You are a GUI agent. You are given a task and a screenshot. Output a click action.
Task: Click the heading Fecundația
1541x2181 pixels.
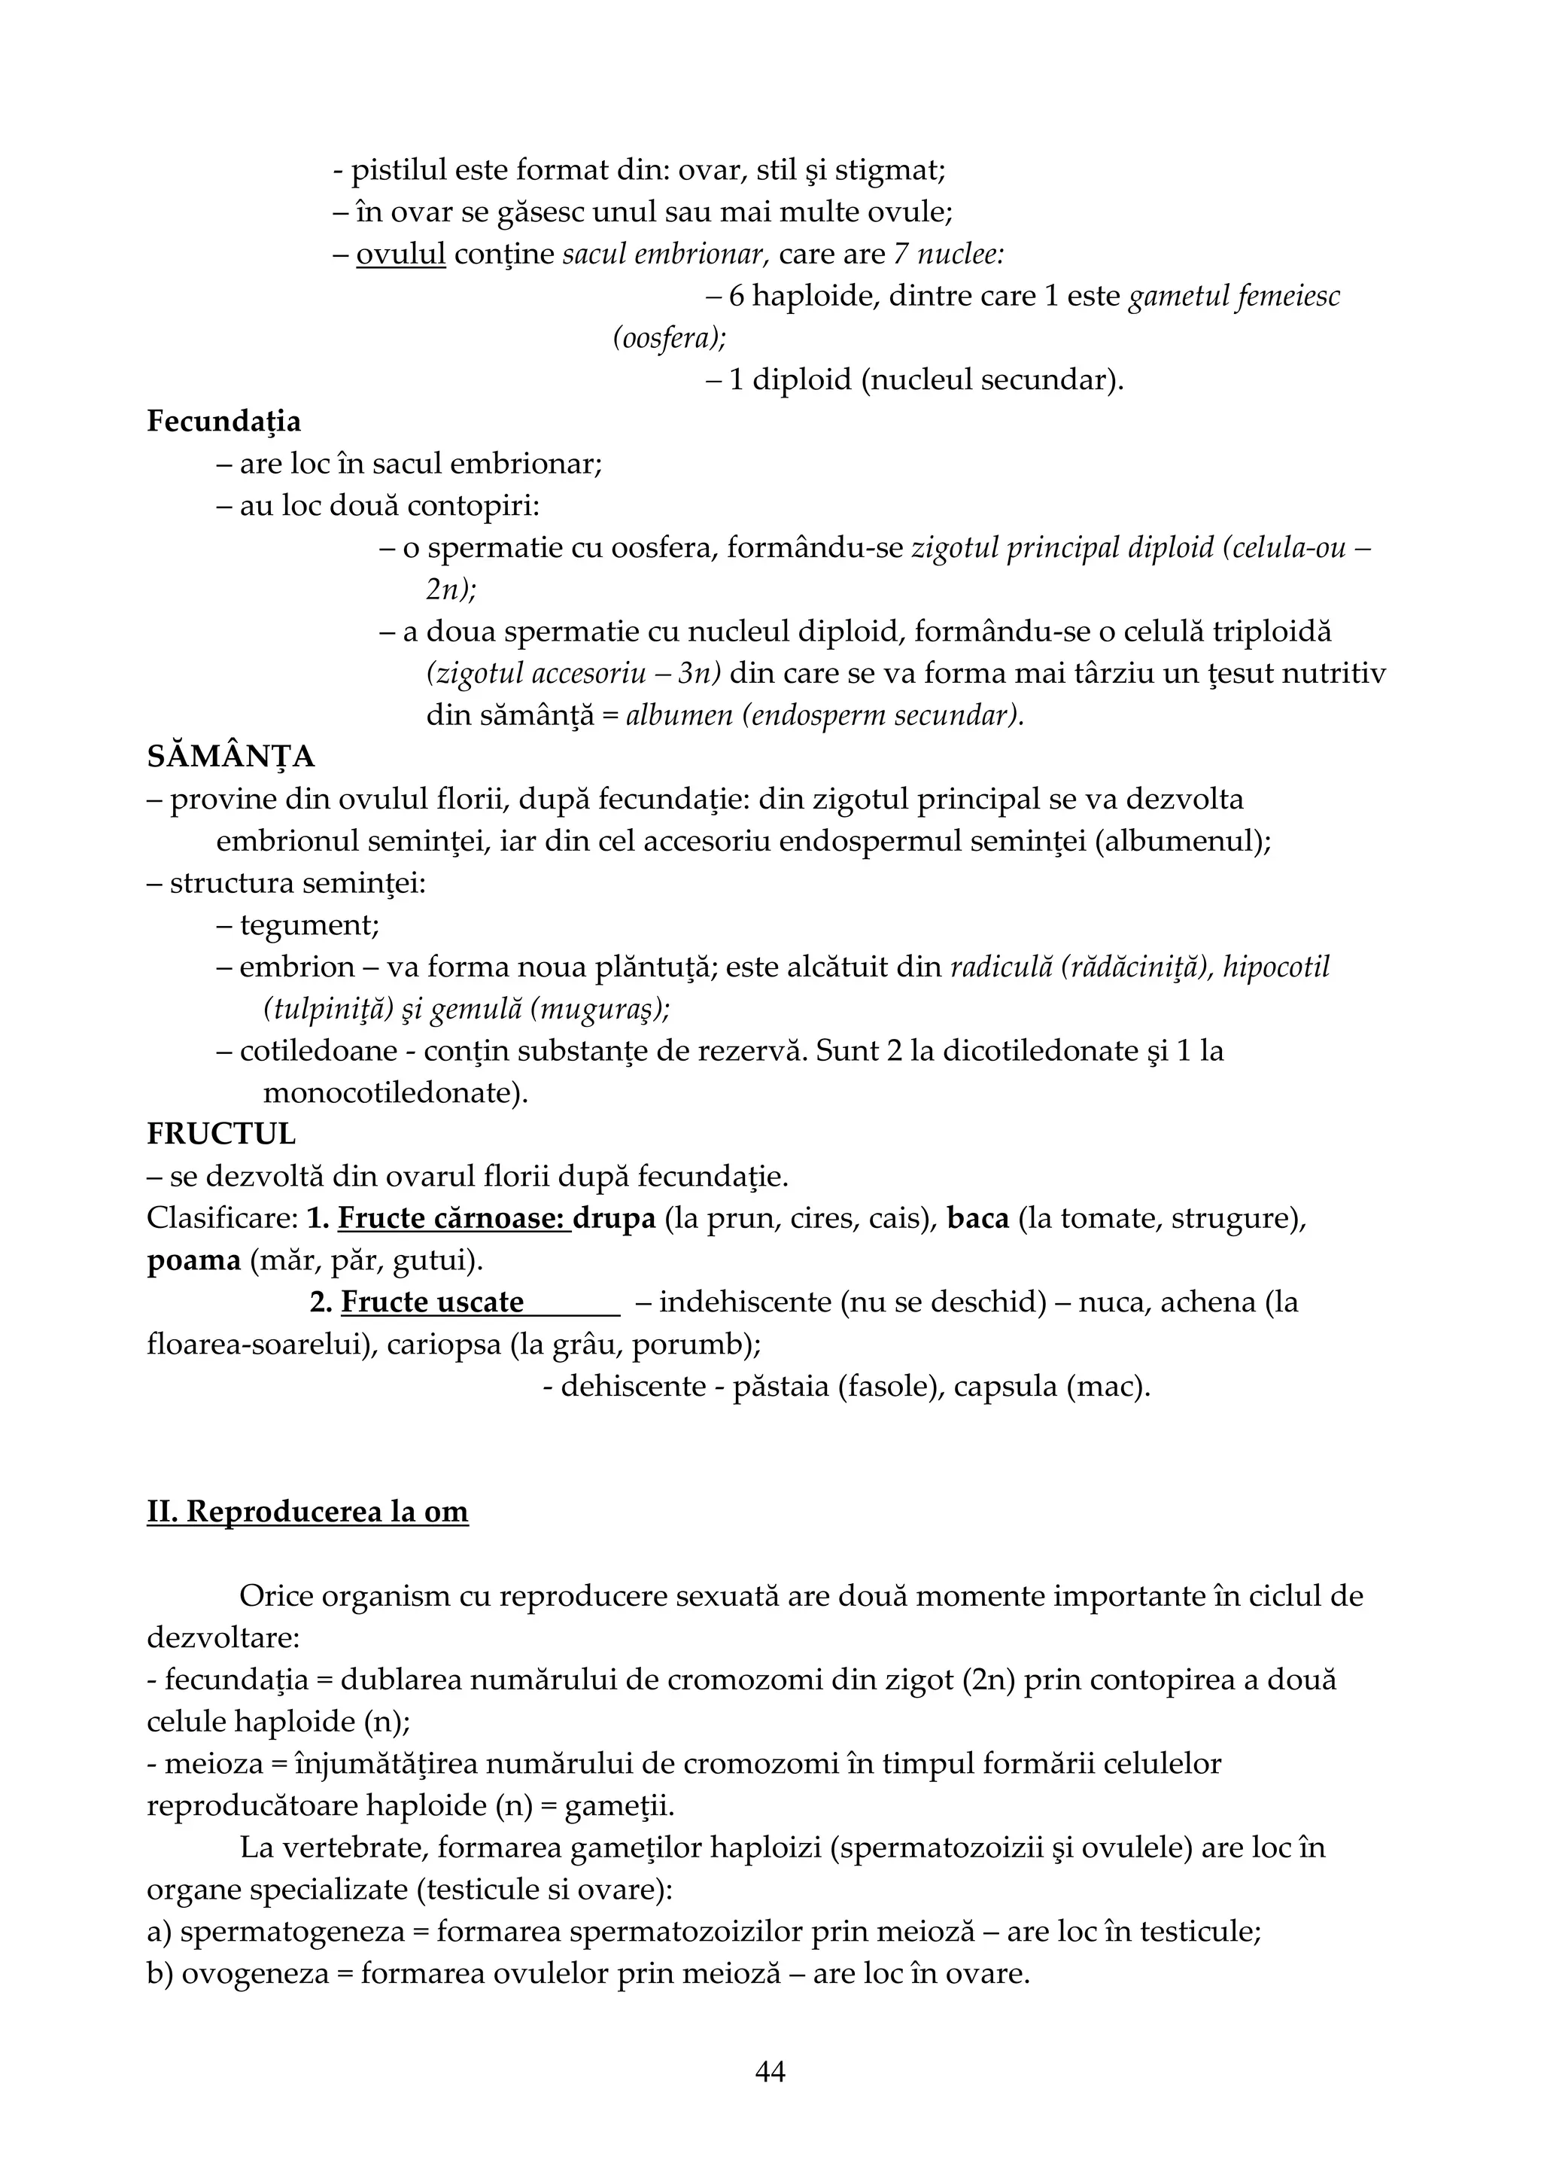click(224, 422)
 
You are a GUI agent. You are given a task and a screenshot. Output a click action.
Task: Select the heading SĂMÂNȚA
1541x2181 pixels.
click(231, 757)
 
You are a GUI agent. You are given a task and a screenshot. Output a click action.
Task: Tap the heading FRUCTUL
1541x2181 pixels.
click(221, 1135)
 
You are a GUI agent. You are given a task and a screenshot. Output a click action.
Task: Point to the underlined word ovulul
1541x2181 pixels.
click(401, 254)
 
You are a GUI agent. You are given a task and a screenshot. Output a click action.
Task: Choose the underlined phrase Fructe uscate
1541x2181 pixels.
click(432, 1302)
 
